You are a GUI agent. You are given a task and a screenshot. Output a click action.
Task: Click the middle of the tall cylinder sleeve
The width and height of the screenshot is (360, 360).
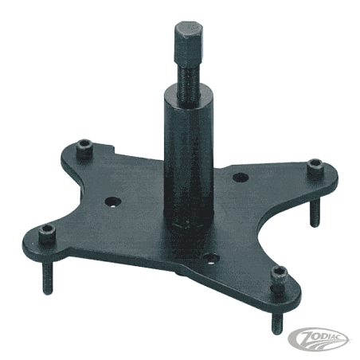pos(189,159)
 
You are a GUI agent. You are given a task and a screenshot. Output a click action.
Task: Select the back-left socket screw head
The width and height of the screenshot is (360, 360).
pos(84,149)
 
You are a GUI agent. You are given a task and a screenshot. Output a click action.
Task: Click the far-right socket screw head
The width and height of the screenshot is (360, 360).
pos(315,168)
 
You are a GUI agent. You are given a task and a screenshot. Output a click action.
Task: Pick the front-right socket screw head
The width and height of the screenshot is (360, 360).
pos(280,277)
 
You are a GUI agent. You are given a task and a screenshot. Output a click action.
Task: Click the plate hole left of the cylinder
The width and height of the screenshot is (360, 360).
pos(113,202)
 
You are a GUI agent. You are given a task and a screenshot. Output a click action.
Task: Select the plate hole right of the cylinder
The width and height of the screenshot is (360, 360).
pos(241,177)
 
